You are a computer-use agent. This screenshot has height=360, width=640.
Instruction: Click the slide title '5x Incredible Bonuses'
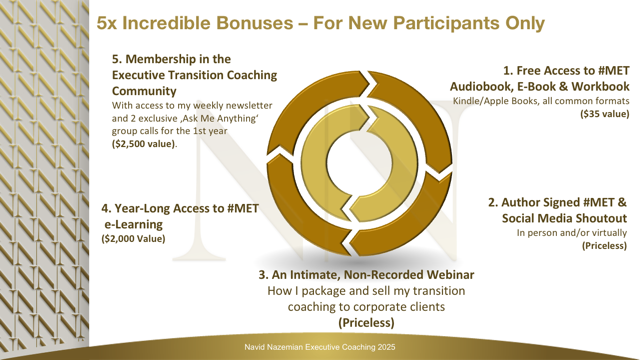point(195,23)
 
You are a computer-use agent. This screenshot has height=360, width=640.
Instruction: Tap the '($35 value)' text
point(604,114)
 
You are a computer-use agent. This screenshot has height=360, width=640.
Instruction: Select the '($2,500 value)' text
point(144,144)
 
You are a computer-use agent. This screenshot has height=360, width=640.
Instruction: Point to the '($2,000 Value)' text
point(133,239)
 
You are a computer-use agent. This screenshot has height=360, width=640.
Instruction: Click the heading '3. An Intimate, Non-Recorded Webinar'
point(366,275)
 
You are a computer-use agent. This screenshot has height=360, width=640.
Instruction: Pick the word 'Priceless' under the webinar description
point(366,323)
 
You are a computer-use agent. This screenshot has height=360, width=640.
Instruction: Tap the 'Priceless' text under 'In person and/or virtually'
point(604,246)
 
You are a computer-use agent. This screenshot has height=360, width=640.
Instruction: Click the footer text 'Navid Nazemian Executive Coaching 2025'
point(320,347)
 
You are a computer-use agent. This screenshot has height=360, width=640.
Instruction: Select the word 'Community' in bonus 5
point(144,91)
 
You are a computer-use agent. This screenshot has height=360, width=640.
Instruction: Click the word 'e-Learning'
point(133,224)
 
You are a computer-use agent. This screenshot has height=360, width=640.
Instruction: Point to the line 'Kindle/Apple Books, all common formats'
point(541,101)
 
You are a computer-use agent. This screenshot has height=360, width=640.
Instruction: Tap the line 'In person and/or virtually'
point(571,233)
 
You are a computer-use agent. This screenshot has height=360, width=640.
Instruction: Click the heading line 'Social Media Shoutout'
point(564,218)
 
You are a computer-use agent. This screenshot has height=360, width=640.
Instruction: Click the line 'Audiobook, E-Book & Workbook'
point(540,87)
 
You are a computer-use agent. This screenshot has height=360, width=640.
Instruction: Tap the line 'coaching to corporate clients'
point(366,307)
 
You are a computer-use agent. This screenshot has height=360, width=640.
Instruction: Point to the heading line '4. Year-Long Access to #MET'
point(180,209)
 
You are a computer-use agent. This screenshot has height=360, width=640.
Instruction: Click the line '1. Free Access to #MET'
point(566,71)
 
